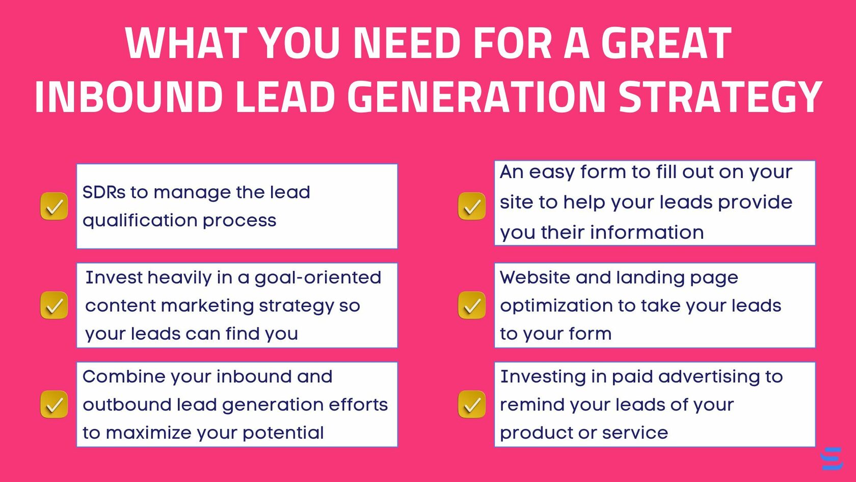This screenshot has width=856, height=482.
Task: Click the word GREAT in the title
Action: tap(666, 43)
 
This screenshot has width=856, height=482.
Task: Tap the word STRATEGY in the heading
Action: tap(720, 96)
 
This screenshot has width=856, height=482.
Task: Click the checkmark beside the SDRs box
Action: tap(54, 206)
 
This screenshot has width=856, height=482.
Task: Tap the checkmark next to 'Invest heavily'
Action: tap(54, 305)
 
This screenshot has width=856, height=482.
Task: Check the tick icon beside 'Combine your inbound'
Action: tap(54, 404)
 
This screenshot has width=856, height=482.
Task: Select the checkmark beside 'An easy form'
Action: tap(472, 206)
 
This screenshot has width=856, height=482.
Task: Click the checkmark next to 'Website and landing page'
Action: tap(472, 305)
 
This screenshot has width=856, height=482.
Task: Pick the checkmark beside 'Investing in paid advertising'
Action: tap(472, 404)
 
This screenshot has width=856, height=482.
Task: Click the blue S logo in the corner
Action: tap(832, 459)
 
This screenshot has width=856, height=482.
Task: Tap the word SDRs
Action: tap(103, 192)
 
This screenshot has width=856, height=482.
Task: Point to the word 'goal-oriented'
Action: tap(317, 277)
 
